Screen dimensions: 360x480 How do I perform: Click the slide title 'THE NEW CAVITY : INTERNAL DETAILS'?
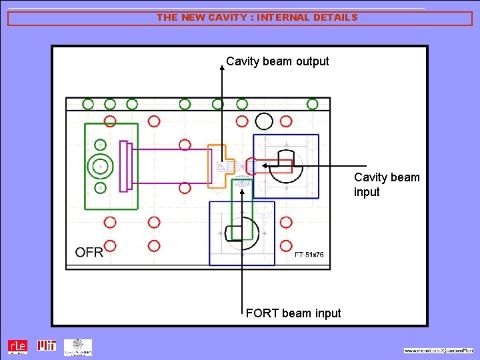257,18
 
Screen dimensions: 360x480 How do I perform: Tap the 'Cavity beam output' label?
277,61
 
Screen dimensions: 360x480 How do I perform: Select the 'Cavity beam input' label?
387,185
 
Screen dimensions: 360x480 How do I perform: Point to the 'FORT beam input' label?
293,313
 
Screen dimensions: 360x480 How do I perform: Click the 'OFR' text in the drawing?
89,252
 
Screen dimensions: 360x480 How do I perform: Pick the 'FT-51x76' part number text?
309,255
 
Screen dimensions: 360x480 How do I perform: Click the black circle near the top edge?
264,121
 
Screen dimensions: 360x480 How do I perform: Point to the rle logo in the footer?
18,347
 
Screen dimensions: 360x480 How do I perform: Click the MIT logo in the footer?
47,346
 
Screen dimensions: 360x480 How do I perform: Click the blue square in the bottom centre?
242,233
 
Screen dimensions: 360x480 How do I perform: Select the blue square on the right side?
285,166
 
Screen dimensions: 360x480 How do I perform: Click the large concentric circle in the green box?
100,166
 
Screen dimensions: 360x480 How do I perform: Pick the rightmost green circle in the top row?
312,104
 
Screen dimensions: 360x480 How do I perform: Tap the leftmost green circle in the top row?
88,104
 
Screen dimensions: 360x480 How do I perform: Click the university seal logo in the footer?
78,347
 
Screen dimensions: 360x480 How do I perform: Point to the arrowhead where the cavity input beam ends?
263,165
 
